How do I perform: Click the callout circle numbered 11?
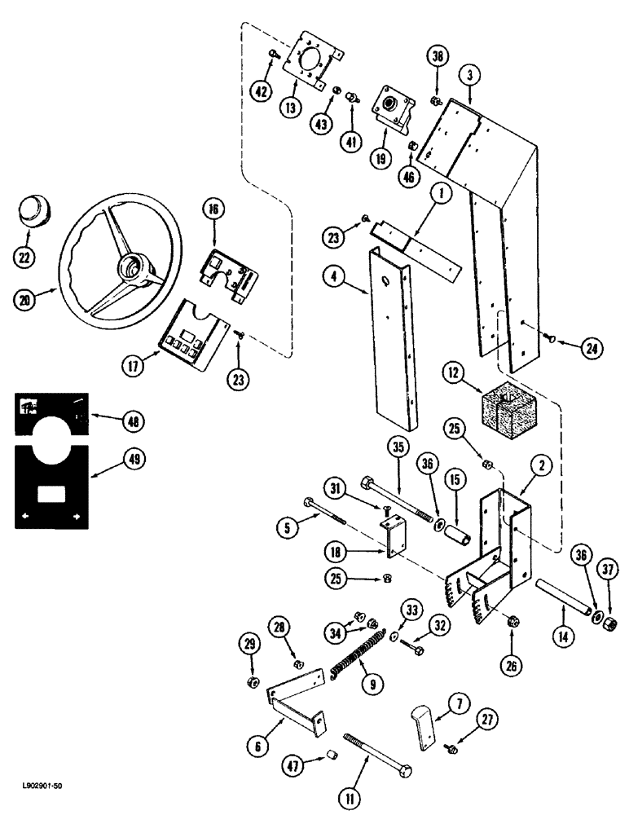click(x=350, y=791)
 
